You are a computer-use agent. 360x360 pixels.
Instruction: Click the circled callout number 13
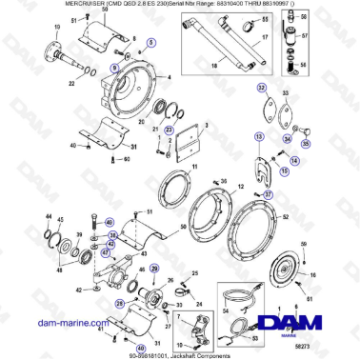258,137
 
